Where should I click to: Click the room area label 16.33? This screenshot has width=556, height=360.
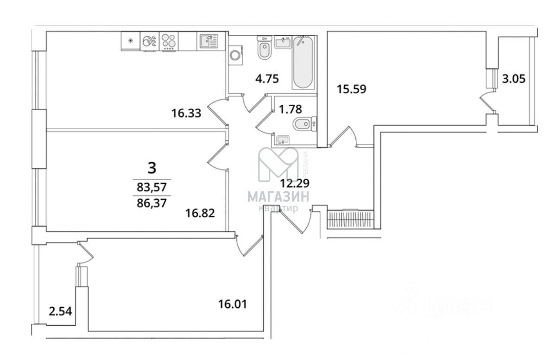point(186,113)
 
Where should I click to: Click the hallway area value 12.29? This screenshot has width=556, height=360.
point(294,183)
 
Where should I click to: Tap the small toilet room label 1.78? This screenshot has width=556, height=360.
point(290,109)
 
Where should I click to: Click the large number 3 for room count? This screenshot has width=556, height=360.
point(152,167)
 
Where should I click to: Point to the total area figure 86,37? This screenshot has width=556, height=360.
point(152,202)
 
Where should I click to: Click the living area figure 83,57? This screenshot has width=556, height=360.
point(152,187)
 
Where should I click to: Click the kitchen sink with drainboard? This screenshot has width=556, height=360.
point(209,41)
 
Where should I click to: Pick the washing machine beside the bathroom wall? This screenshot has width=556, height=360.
point(236,55)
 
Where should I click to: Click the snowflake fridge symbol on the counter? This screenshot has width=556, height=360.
point(130,41)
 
